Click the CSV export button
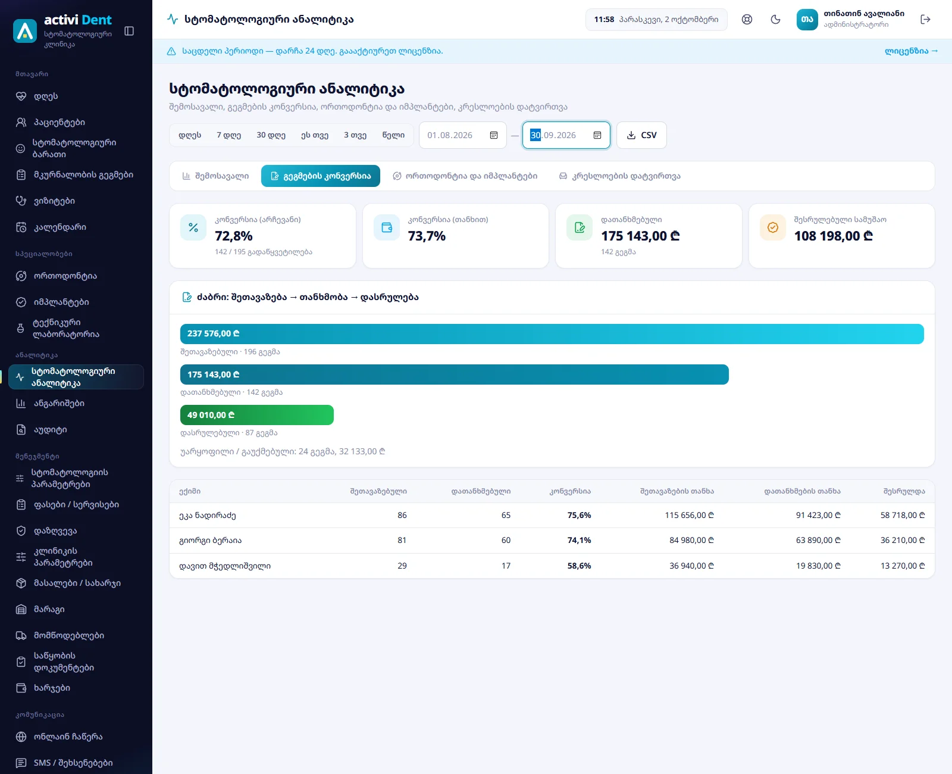coord(641,135)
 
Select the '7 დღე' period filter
coord(229,135)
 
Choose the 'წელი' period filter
coord(393,135)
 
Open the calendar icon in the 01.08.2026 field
coord(493,135)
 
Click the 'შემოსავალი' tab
coord(215,176)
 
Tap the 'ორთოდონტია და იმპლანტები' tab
coord(465,176)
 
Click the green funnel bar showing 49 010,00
coord(256,415)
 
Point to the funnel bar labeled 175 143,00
coord(454,374)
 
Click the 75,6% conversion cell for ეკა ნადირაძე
coord(579,515)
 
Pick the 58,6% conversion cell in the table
coord(579,566)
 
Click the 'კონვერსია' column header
coord(570,491)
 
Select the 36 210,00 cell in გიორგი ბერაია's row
coord(903,540)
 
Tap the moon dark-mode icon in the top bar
coord(775,19)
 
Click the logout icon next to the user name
coord(925,19)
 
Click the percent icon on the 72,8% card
coord(193,227)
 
